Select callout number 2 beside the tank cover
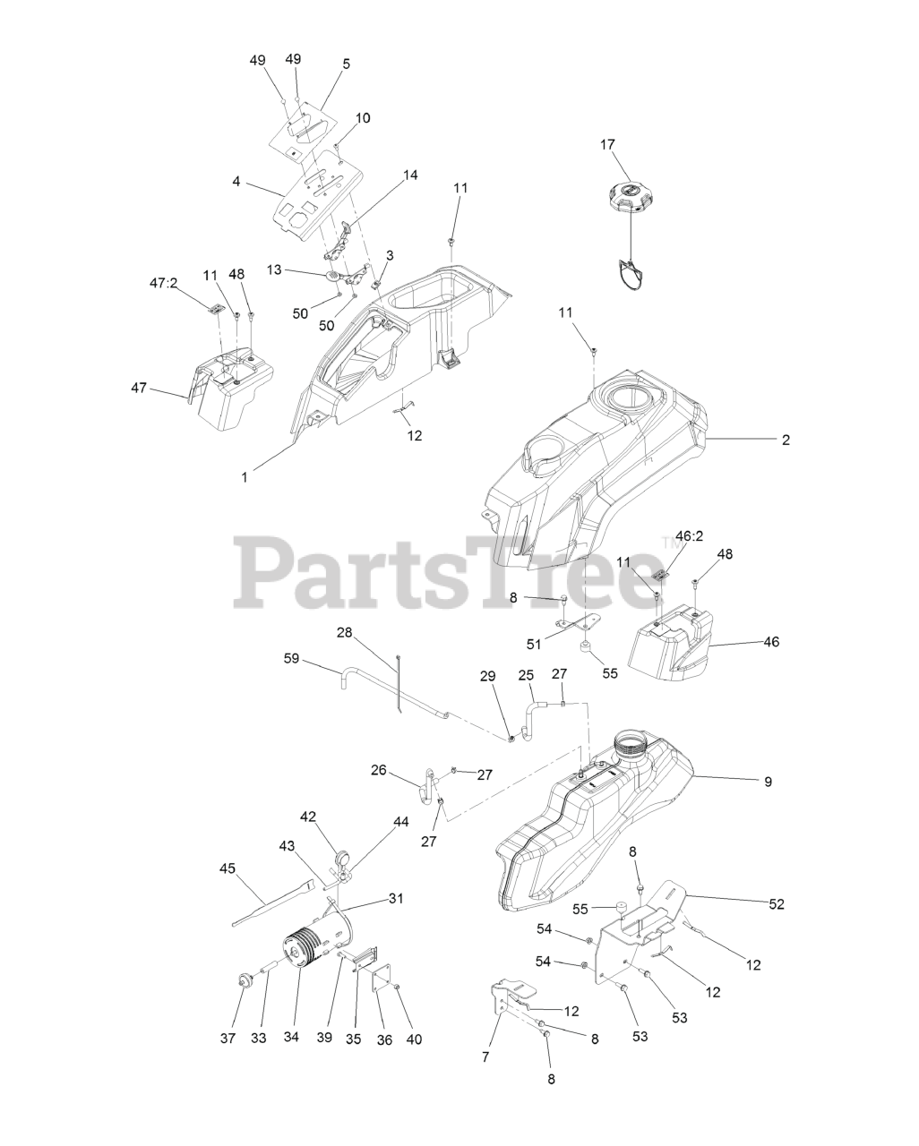[786, 440]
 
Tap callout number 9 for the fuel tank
[768, 781]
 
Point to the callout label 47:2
[163, 282]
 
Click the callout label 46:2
[689, 536]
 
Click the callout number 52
[776, 904]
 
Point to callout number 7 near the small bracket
[486, 1056]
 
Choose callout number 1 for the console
[245, 477]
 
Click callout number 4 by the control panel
[236, 181]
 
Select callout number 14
[410, 175]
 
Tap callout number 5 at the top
[346, 64]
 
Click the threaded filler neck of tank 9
[632, 742]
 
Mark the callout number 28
[345, 632]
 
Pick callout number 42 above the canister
[308, 817]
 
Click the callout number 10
[363, 118]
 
